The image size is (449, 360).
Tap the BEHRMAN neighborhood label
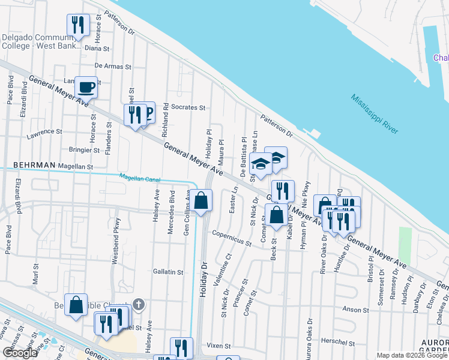(x=34, y=165)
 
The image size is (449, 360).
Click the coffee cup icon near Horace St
(x=86, y=87)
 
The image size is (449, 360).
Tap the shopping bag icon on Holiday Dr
(x=202, y=200)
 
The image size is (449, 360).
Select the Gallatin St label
(x=167, y=272)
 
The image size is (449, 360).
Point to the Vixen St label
(x=219, y=346)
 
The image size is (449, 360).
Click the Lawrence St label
(x=44, y=131)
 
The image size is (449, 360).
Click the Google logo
(x=20, y=353)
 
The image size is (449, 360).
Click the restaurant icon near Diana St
(x=77, y=25)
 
